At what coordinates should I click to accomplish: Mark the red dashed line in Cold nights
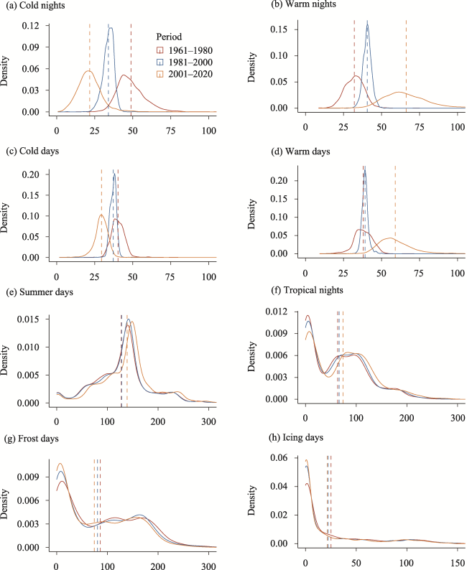(x=131, y=65)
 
